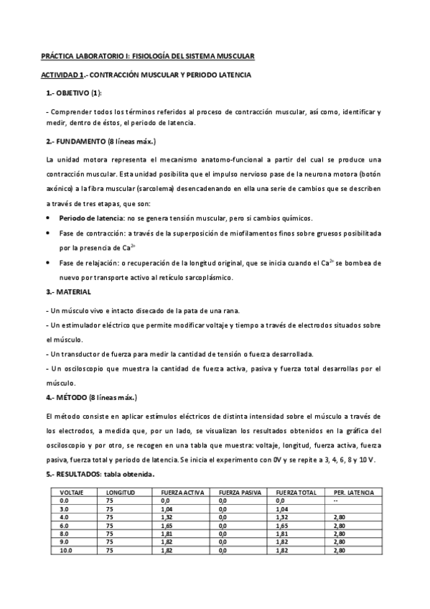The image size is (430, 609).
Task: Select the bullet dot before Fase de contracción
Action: pos(47,233)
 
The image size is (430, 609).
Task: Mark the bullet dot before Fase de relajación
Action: pos(47,264)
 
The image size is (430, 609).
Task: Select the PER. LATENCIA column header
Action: pos(354,493)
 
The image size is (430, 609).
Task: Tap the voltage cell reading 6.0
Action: pos(65,526)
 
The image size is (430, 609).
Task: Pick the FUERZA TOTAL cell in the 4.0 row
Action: pos(281,517)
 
